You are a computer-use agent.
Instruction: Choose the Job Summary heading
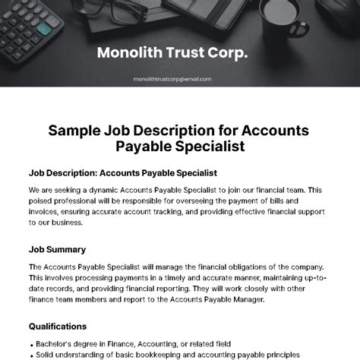[57, 249]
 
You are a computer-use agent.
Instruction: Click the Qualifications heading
[58, 326]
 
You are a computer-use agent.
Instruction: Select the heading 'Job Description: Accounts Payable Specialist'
[123, 172]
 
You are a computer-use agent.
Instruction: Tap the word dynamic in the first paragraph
[106, 189]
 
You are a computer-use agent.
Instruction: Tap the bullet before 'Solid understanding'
[32, 355]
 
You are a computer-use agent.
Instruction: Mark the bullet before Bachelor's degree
[32, 343]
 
